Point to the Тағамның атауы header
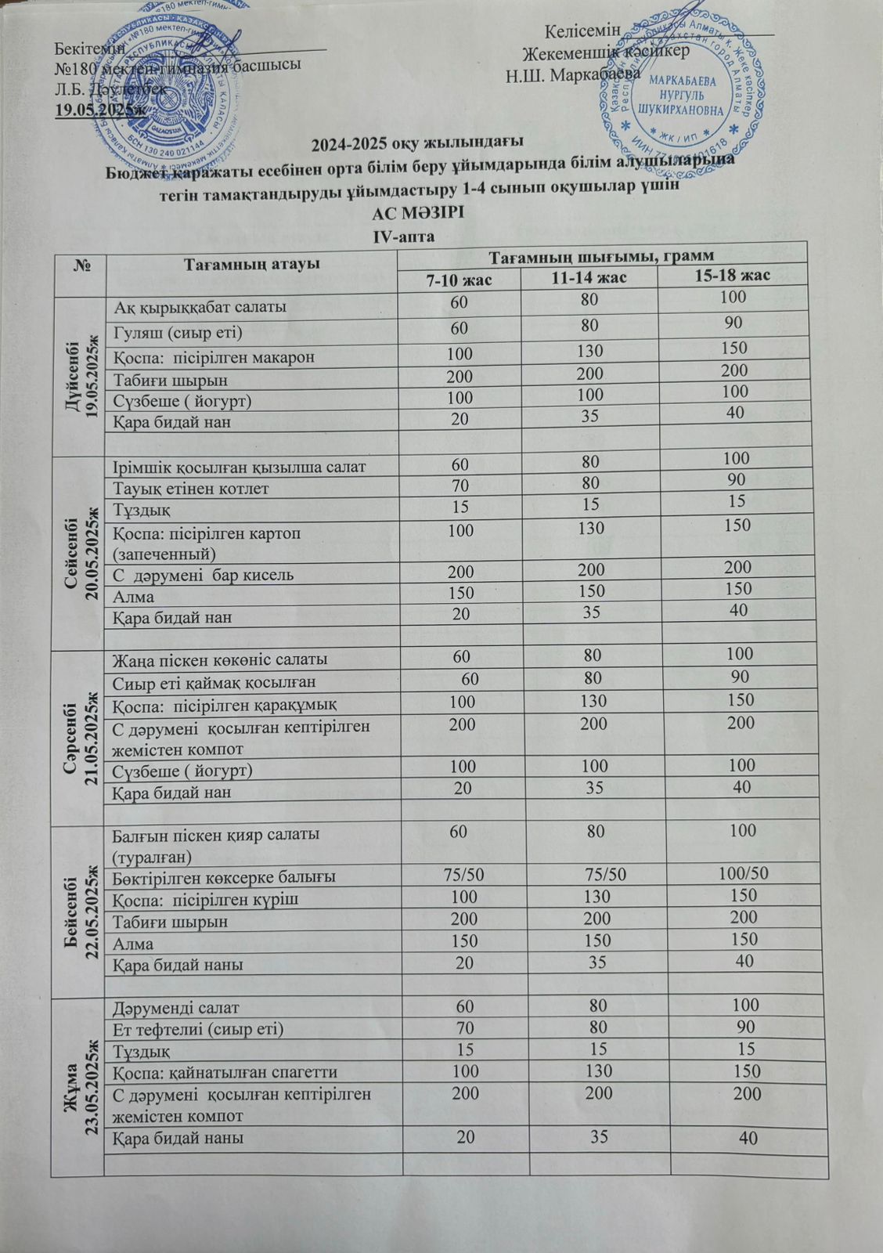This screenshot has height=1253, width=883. (x=251, y=264)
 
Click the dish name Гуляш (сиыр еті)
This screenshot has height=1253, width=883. (x=178, y=332)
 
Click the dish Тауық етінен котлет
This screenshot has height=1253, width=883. (x=192, y=489)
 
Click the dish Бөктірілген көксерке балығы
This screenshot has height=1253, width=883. (x=225, y=876)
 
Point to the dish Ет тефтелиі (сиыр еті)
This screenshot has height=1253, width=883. (x=198, y=1028)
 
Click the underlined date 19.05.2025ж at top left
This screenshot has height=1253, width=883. (x=100, y=108)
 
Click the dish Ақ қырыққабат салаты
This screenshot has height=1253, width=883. (x=200, y=305)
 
